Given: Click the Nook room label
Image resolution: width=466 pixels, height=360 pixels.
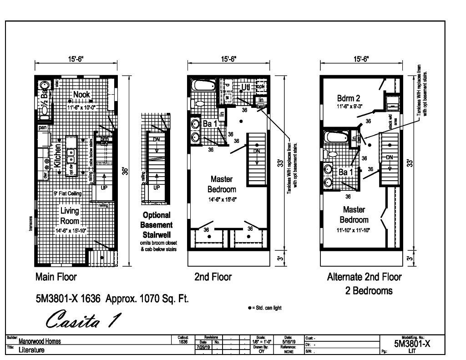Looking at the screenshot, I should point(81,95).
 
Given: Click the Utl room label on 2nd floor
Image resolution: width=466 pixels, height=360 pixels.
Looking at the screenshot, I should point(246,86).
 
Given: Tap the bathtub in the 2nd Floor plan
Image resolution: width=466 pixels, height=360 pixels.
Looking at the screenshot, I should point(203,86).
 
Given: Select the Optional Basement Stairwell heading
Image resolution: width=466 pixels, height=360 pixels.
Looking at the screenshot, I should point(157,225).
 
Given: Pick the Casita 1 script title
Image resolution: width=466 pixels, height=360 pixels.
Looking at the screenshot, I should point(83,319).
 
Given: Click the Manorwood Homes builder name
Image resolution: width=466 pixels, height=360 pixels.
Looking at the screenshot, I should point(41,341).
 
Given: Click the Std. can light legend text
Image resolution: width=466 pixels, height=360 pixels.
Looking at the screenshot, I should point(266,308).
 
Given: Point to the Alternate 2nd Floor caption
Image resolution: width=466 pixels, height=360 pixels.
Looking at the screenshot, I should point(364,277).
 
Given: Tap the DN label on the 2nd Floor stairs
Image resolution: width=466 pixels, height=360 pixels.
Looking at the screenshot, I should point(257,152).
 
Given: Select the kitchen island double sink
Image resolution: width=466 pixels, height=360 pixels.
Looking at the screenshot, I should point(71,156).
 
